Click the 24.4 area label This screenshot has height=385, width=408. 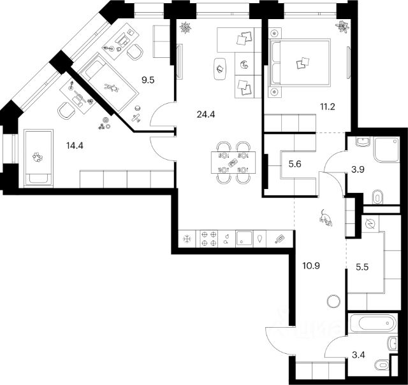click(x=205, y=115)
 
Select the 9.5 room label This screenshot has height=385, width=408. click(x=148, y=80)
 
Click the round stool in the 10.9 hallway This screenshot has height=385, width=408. click(x=333, y=301)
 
